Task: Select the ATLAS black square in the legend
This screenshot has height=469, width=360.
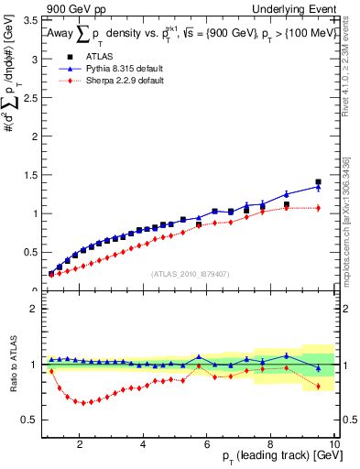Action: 57,57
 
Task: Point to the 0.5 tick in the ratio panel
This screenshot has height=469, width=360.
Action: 30,420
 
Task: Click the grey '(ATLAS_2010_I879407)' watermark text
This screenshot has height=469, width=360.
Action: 190,273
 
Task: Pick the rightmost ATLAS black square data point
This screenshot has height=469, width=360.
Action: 318,182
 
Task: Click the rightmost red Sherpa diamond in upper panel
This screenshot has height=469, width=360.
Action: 318,208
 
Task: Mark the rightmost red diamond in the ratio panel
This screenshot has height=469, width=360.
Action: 318,387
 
